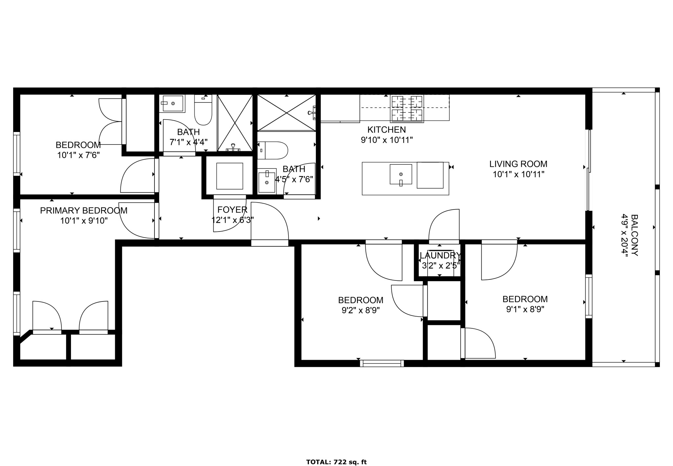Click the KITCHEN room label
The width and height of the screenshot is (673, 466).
tap(386, 130)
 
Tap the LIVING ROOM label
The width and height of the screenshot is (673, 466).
tap(518, 164)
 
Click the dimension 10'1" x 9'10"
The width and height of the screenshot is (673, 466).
tap(84, 221)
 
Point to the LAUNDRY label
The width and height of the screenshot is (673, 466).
tap(440, 255)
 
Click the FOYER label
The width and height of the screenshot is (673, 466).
tap(232, 210)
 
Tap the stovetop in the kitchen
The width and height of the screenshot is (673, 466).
tap(407, 109)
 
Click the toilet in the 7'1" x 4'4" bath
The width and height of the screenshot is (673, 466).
tap(203, 110)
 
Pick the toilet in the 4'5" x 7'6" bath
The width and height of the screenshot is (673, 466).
tap(272, 150)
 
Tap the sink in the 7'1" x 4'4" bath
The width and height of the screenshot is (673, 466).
tap(173, 103)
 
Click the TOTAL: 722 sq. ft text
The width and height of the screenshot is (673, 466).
tap(336, 462)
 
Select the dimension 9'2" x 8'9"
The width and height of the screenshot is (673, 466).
tap(360, 310)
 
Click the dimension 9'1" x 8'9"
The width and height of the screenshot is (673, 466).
tap(525, 309)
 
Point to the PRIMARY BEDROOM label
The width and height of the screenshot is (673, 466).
tap(84, 211)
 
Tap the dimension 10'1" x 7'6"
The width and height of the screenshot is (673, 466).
tap(78, 155)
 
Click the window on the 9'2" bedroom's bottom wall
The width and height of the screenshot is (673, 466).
tap(382, 363)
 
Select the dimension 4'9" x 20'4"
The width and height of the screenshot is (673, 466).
tap(624, 235)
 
